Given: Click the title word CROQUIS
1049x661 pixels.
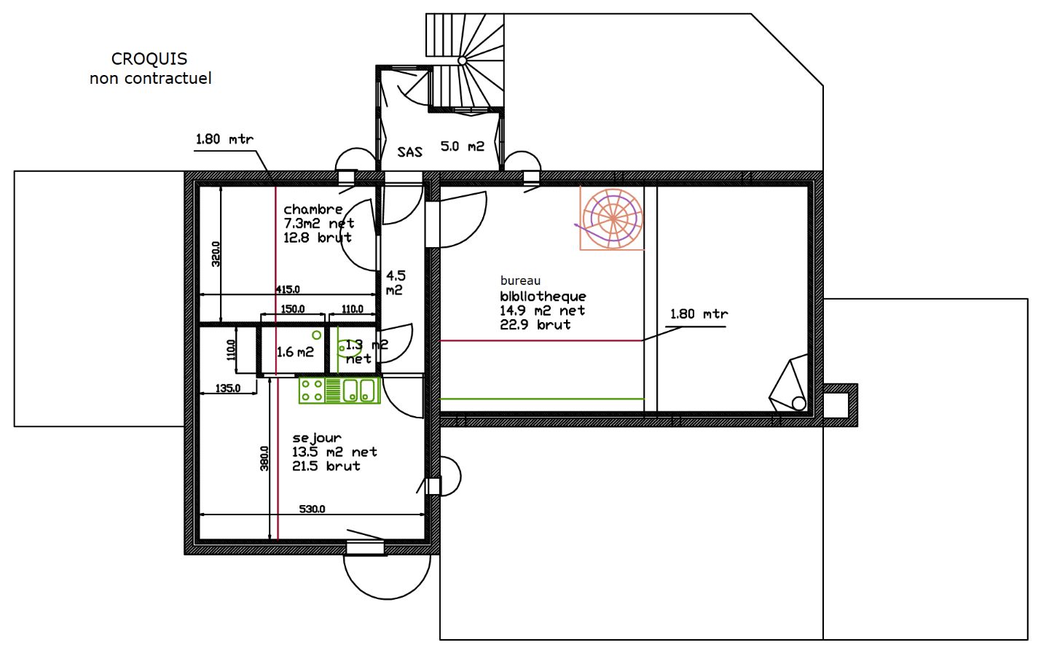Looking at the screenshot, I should (149, 59).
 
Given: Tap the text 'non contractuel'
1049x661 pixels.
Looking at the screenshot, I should (150, 78).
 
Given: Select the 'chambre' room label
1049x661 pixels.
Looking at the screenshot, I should (313, 209).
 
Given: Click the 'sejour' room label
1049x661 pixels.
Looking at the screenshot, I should (316, 437).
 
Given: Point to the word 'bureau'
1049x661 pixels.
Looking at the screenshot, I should (520, 281).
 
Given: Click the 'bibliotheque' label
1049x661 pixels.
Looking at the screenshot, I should (543, 296).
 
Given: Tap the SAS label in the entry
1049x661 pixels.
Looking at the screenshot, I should (409, 152).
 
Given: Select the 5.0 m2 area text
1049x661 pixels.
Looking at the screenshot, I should (462, 146).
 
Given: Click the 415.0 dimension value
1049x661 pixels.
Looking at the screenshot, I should (287, 289).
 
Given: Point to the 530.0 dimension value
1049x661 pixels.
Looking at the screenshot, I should (312, 509).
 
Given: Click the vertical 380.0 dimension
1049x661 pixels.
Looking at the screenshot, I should (264, 458).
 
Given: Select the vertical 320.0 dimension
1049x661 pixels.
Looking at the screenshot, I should (216, 254).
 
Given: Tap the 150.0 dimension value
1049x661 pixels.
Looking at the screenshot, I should (292, 309).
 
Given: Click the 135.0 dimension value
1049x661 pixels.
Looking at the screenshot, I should (227, 388).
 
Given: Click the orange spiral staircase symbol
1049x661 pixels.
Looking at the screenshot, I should (612, 219).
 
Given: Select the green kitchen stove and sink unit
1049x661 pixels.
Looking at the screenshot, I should (339, 390).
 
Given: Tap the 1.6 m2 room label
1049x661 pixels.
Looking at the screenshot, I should (295, 352).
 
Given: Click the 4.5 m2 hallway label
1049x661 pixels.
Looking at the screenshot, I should (396, 283).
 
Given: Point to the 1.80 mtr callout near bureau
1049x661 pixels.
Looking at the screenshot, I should (699, 314).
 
